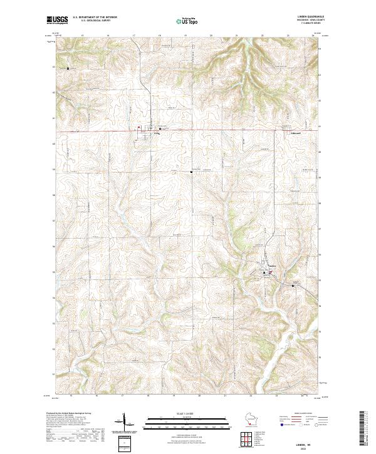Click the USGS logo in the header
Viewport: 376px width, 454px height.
[58, 21]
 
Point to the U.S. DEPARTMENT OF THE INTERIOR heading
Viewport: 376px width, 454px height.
[95, 18]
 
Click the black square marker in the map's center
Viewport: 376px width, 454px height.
[192, 172]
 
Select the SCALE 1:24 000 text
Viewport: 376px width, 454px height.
[187, 413]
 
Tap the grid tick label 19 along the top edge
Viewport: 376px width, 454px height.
[185, 36]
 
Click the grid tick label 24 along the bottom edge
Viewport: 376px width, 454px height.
[303, 396]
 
